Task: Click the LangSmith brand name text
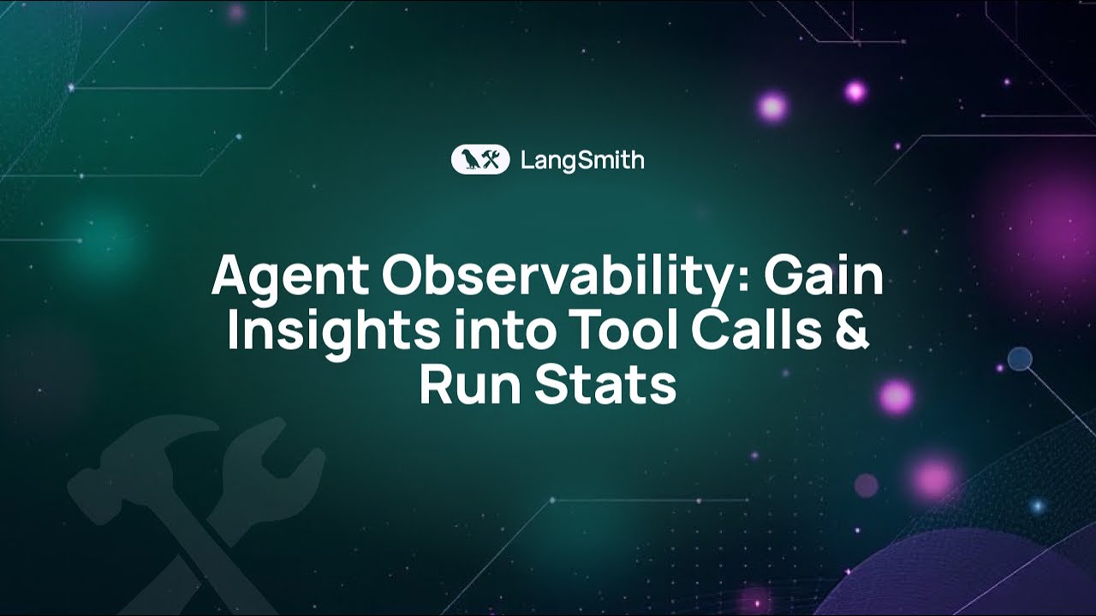point(582,160)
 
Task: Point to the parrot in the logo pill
point(468,160)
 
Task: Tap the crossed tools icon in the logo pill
point(491,160)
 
